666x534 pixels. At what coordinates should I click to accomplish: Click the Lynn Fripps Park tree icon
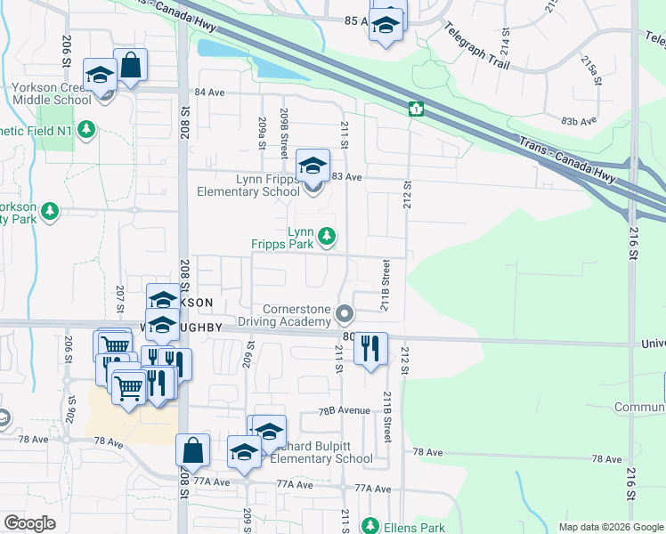[x=328, y=236]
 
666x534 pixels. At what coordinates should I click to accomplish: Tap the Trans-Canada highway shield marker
[x=416, y=109]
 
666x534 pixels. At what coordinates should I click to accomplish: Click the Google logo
[x=29, y=523]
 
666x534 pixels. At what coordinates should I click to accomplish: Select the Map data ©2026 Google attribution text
[x=610, y=527]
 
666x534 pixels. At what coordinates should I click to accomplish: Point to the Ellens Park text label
[x=414, y=527]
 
